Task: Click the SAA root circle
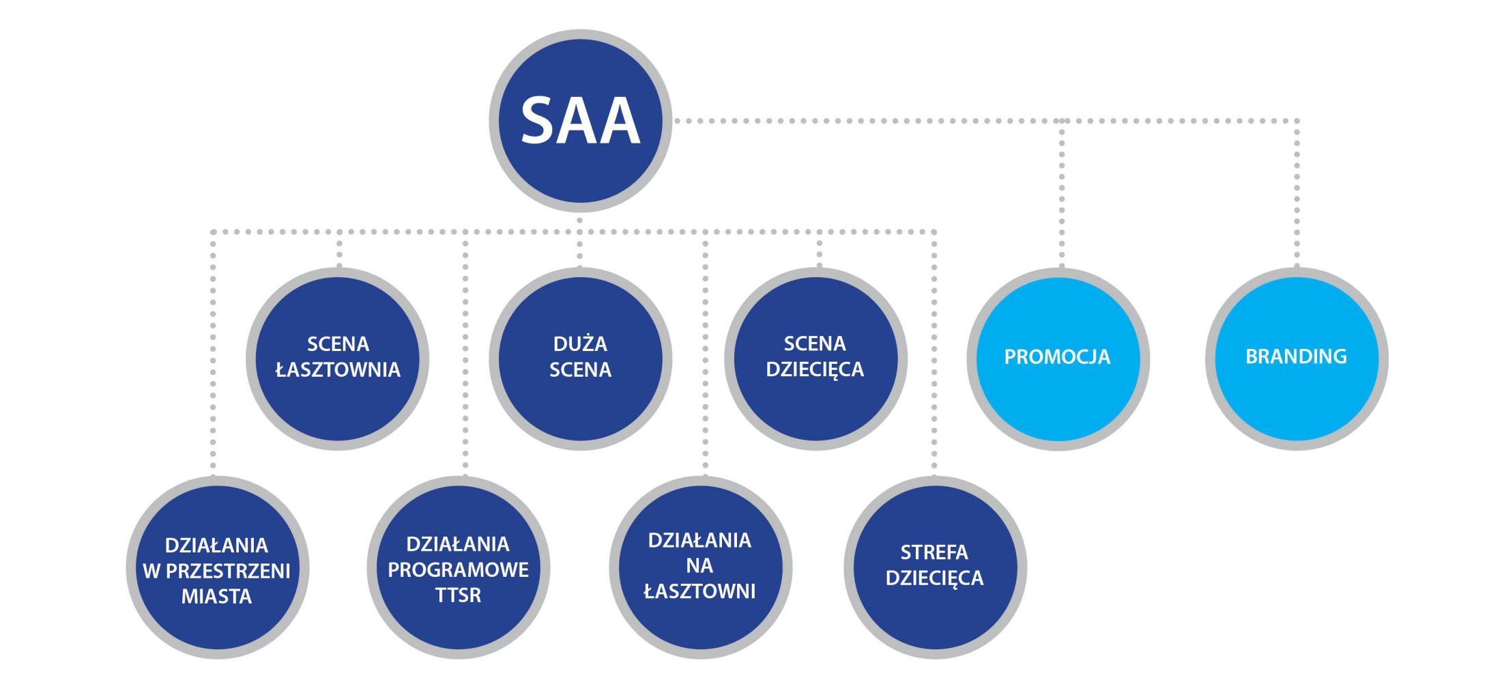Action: [x=580, y=121]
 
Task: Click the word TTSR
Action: [x=458, y=595]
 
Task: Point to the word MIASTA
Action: [x=216, y=597]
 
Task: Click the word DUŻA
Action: [x=580, y=343]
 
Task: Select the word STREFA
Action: [x=934, y=552]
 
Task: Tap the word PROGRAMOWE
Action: [x=458, y=570]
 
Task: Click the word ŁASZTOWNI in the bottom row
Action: [x=700, y=591]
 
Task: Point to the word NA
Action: [x=699, y=566]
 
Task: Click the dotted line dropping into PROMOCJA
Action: [x=1062, y=198]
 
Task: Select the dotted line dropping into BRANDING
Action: [x=1297, y=198]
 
